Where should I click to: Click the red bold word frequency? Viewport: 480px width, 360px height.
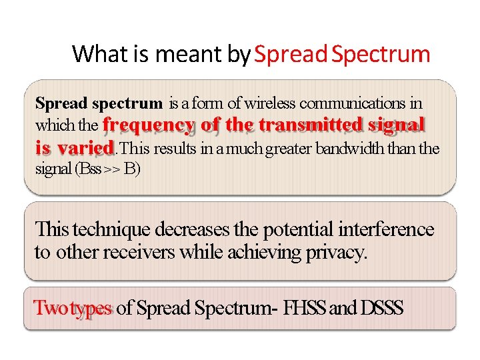click(x=148, y=125)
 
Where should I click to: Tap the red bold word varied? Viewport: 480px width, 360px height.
click(x=85, y=147)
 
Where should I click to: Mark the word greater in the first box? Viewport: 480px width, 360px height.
click(x=289, y=148)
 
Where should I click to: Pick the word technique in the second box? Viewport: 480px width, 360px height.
click(x=111, y=230)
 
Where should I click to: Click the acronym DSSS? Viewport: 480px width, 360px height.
click(x=382, y=308)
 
